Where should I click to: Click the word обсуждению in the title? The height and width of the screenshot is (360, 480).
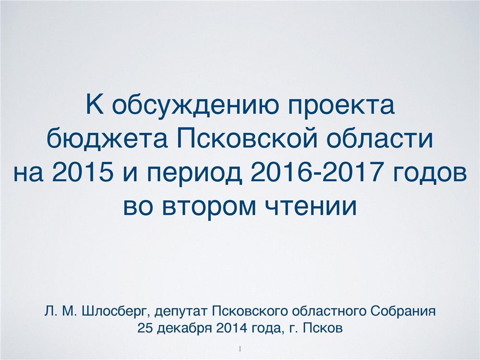[195, 106]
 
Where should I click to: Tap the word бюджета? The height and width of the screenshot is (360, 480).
[108, 139]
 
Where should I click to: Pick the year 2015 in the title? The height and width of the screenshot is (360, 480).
[83, 171]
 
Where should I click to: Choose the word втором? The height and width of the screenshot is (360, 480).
[209, 206]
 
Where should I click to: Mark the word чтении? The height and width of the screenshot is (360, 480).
[310, 206]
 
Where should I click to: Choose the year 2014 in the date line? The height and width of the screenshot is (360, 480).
[231, 328]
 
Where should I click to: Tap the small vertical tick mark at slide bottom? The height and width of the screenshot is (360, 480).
[240, 348]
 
